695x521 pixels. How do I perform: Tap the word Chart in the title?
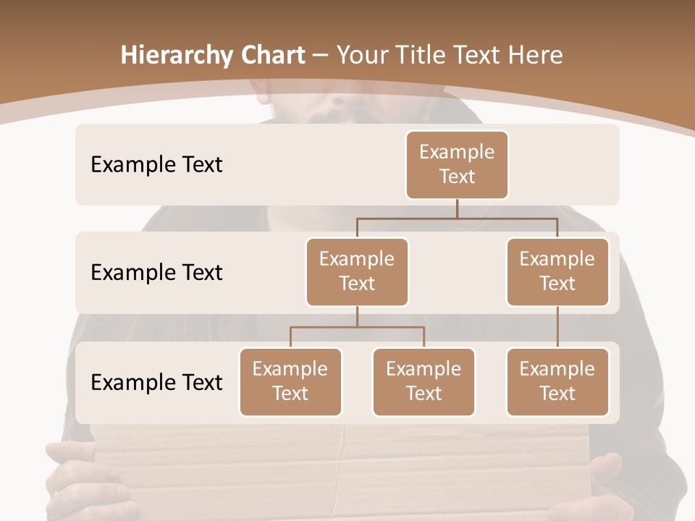coord(274,55)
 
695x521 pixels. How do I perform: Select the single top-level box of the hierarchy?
coord(457,164)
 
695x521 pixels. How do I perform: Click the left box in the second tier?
coord(357,271)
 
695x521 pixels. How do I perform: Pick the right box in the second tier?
coord(557,271)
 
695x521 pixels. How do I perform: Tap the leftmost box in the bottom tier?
coord(290,381)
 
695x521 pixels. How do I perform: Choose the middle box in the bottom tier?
coord(424,381)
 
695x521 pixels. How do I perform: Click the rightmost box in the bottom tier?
coord(557,381)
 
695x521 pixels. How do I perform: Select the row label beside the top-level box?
coord(156,165)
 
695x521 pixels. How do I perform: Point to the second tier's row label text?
coord(156,273)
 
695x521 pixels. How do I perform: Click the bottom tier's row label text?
coord(156,382)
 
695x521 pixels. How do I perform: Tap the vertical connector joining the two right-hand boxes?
coord(557,326)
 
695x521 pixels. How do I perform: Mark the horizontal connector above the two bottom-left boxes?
coord(357,327)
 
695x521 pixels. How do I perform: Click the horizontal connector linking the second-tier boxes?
coord(457,218)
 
